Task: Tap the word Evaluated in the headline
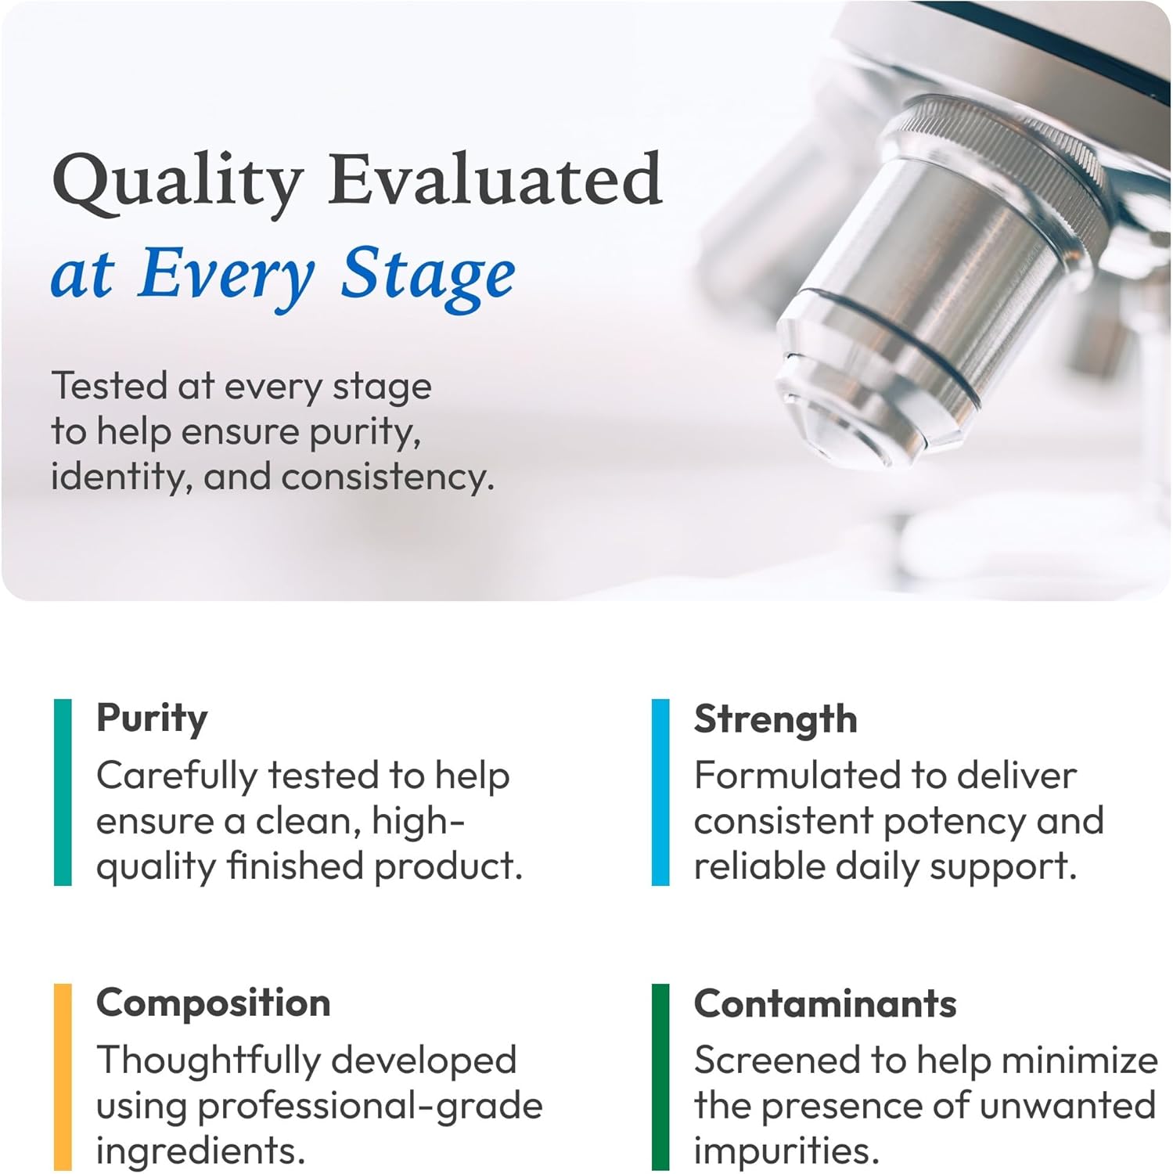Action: click(x=495, y=179)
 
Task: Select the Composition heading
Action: click(x=214, y=1003)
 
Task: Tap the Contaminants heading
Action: click(x=826, y=1003)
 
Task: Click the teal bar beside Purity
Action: click(x=63, y=792)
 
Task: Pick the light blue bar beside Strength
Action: click(x=660, y=792)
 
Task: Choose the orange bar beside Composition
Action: click(x=63, y=1077)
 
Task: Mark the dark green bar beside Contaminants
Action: click(x=660, y=1077)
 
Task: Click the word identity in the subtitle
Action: click(x=122, y=477)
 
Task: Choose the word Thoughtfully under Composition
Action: click(x=208, y=1062)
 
